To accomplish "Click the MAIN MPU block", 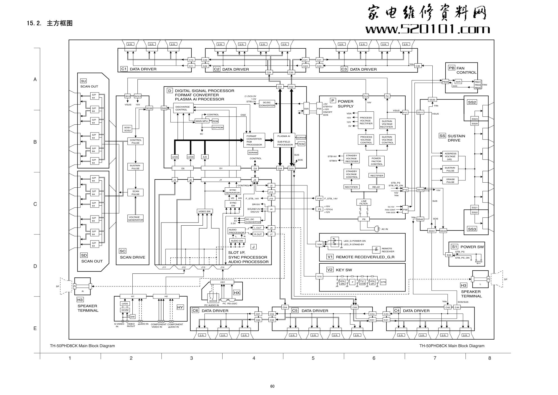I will tap(202, 121).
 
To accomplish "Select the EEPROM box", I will tap(218, 127).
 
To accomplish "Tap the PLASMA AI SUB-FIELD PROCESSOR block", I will tap(285, 140).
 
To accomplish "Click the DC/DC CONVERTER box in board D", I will tap(267, 104).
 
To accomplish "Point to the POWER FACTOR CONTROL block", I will tap(376, 161).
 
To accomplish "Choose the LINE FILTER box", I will tap(363, 202).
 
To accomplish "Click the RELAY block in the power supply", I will tap(376, 187).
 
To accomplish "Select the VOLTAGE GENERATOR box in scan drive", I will tap(135, 219).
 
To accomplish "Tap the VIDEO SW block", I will tap(204, 211).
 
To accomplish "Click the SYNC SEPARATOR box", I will tap(233, 191).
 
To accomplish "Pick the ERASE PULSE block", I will tap(450, 181).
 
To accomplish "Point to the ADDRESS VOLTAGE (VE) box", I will tap(450, 156).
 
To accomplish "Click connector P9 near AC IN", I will tap(363, 219).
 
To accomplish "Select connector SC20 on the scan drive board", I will tap(149, 108).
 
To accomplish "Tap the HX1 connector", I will tap(222, 282).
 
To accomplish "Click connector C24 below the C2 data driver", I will tap(269, 72).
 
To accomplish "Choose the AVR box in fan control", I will tap(458, 82).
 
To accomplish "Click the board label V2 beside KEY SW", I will tap(330, 270).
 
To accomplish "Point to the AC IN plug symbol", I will tap(377, 229).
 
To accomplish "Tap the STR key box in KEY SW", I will tap(383, 282).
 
